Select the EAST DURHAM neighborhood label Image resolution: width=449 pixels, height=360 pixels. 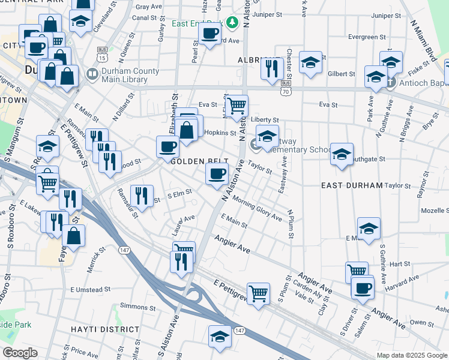click(351, 185)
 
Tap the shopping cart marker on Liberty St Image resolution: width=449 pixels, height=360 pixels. click(237, 106)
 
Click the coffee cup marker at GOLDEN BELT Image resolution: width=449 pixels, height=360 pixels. click(167, 146)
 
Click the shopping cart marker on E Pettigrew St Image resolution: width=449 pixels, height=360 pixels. click(258, 294)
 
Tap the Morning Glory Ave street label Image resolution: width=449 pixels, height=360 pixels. click(257, 208)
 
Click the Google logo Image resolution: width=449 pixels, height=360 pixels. click(20, 352)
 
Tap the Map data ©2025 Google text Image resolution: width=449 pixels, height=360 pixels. click(411, 355)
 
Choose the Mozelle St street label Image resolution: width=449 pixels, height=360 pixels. click(435, 211)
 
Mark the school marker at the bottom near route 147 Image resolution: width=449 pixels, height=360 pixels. click(220, 336)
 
